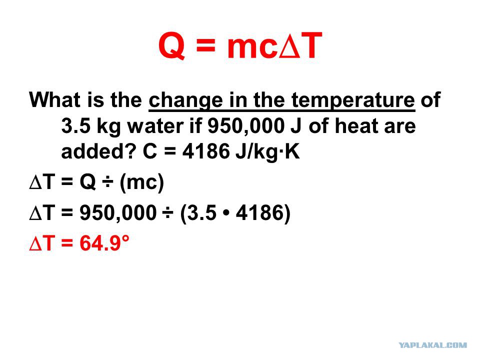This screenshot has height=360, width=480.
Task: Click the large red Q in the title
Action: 172,46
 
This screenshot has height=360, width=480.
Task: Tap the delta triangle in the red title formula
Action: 289,47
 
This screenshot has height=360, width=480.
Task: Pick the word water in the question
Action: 155,126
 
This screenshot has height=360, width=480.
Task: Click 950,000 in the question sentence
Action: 246,126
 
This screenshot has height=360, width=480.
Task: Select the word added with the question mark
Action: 98,150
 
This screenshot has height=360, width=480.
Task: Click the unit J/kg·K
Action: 267,151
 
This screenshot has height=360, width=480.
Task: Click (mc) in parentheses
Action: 142,183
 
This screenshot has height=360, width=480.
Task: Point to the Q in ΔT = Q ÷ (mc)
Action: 88,182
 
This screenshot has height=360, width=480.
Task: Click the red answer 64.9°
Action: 104,243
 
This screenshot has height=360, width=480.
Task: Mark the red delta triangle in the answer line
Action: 35,244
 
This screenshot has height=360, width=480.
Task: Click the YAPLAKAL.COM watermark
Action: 433,345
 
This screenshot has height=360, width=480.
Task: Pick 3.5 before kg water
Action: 75,126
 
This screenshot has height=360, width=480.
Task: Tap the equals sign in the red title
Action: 205,47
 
